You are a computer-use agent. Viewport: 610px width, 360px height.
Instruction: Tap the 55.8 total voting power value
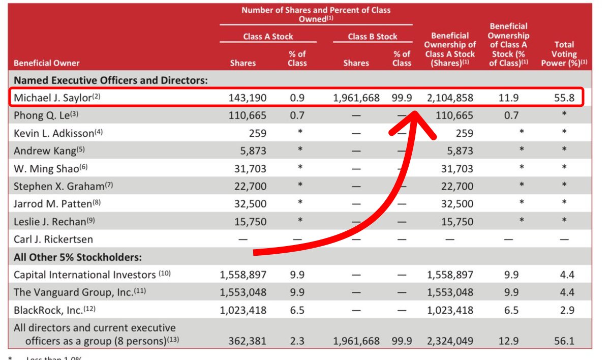(x=564, y=98)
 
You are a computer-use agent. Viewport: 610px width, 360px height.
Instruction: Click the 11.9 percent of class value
(x=508, y=98)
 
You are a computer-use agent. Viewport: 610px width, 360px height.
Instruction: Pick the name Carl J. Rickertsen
(x=53, y=239)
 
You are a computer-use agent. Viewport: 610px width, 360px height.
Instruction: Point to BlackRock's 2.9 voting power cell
(x=564, y=309)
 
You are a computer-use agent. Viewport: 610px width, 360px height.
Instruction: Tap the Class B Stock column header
(x=373, y=37)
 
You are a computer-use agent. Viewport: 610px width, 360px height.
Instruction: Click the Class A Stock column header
(x=268, y=37)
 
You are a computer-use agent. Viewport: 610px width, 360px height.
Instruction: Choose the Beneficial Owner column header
(x=47, y=64)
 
